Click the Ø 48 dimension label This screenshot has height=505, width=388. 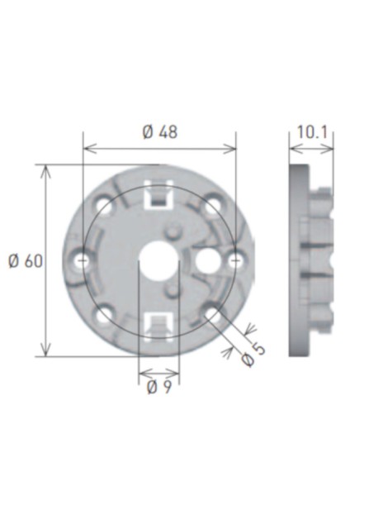(x=159, y=132)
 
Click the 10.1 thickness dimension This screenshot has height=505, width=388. (x=311, y=132)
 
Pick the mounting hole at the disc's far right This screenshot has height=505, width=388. (x=235, y=260)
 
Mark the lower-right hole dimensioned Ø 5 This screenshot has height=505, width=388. (x=213, y=314)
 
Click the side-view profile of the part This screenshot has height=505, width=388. (x=312, y=260)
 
